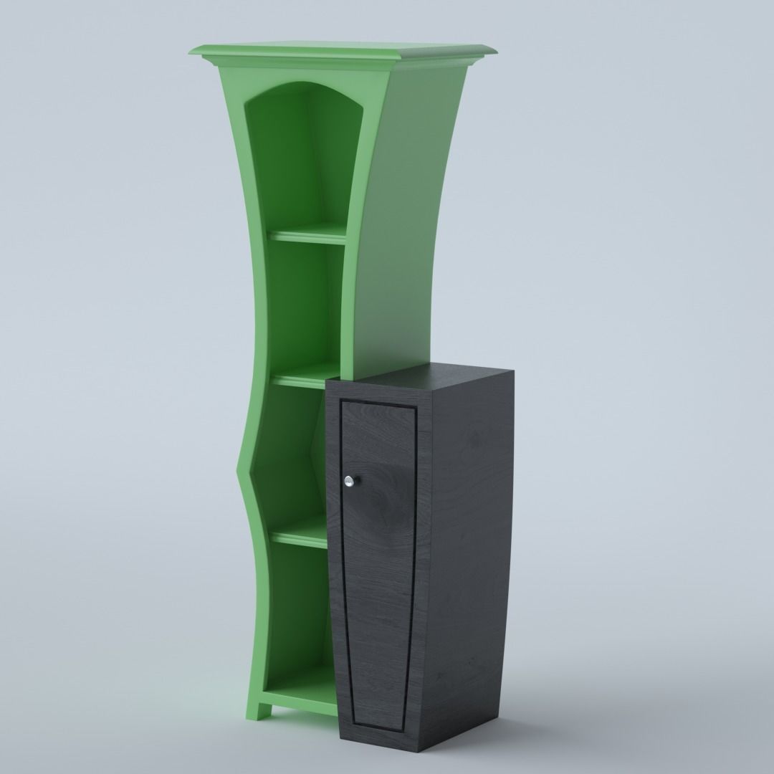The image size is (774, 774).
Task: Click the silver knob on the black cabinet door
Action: point(350,482)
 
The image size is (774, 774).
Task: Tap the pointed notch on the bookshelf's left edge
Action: point(237,470)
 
